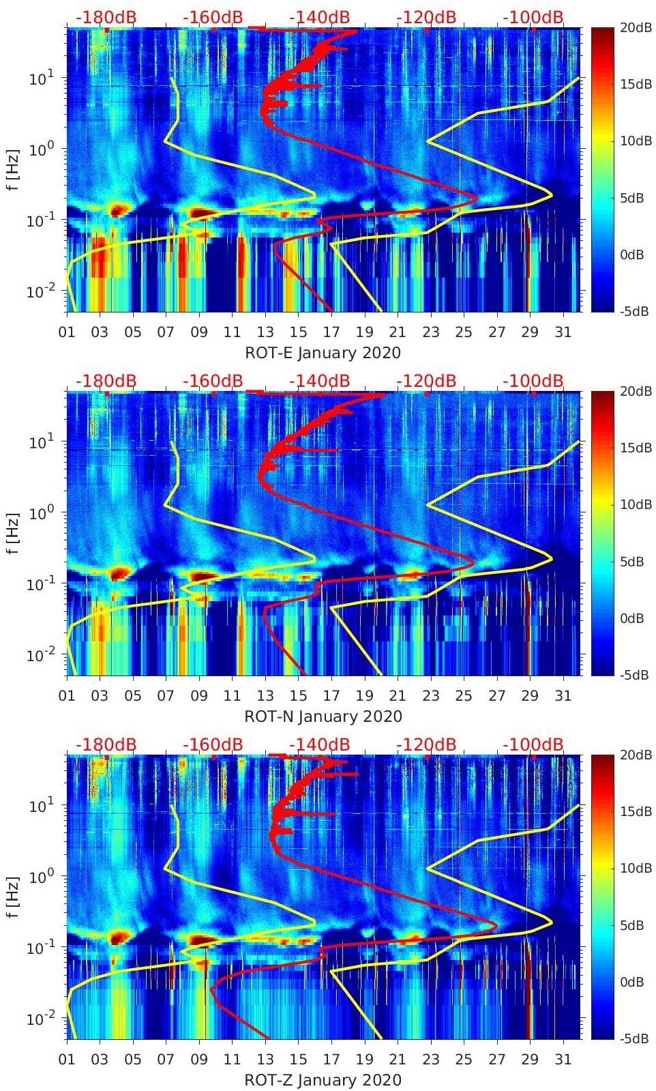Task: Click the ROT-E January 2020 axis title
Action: (323, 353)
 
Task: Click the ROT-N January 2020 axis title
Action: (323, 717)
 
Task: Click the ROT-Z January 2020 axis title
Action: (323, 1081)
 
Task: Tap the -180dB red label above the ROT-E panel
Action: (106, 17)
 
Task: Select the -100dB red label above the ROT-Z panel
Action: (533, 744)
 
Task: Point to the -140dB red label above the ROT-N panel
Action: (319, 381)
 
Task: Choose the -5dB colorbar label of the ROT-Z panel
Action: (634, 1038)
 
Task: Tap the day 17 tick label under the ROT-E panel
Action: (331, 332)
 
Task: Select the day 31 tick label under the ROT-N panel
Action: (563, 696)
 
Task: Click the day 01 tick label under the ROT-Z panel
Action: (67, 1060)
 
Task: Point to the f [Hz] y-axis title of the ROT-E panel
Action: (12, 169)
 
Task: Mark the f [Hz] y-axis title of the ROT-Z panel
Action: (12, 897)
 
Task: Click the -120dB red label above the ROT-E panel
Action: (426, 17)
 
